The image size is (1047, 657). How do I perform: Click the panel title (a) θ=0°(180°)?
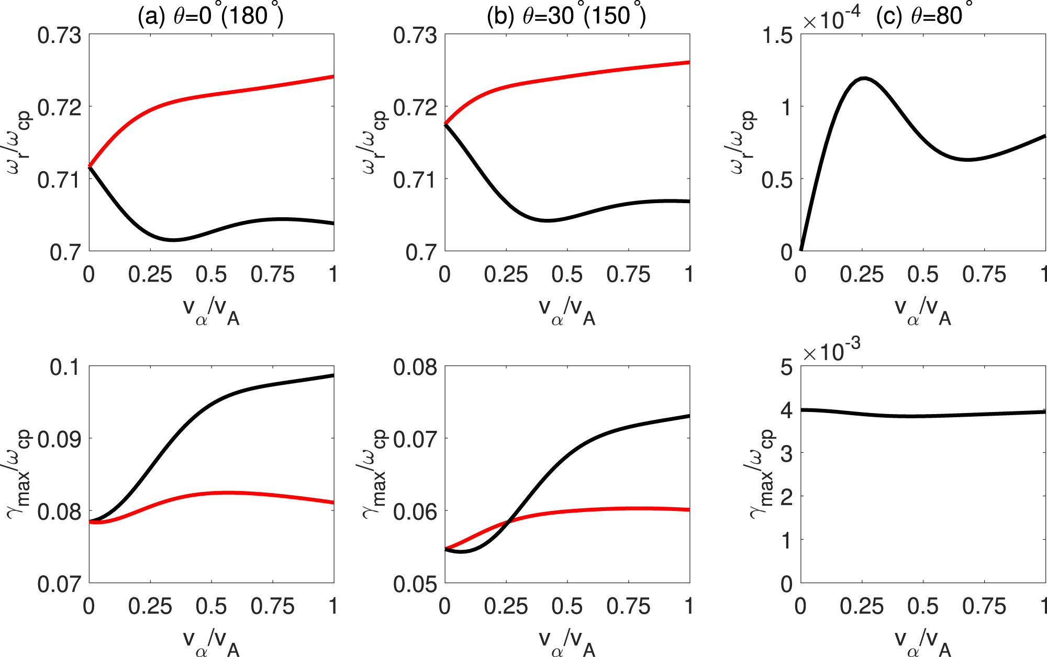210,16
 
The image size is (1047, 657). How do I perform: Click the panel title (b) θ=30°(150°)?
566,16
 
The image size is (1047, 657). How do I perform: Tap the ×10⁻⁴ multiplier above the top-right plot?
831,21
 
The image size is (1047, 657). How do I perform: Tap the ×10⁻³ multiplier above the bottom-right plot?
831,352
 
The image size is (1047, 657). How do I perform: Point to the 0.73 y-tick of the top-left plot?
59,36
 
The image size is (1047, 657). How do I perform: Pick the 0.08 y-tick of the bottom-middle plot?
415,368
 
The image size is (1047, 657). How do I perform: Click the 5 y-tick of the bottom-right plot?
786,368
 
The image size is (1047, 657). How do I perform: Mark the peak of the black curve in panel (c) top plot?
863,79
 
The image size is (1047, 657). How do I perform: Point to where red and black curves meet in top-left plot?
90,166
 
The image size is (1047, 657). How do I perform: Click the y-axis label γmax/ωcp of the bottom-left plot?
20,474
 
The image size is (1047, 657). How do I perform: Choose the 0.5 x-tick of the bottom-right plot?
923,607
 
